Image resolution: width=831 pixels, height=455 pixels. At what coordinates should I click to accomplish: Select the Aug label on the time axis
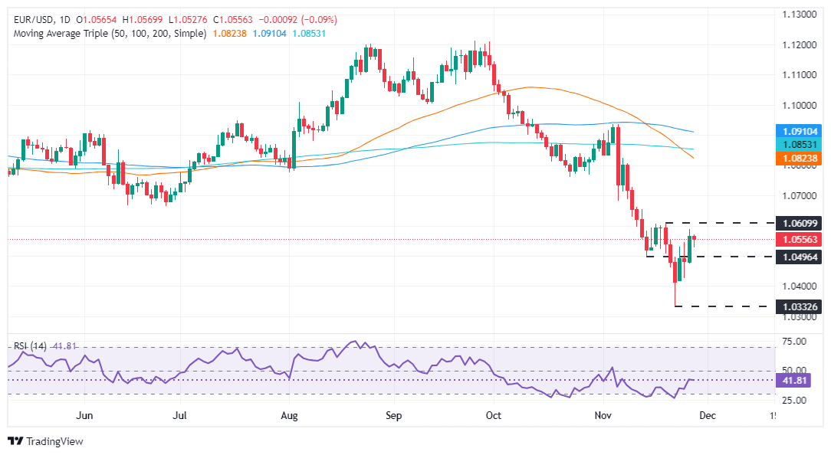[x=290, y=415]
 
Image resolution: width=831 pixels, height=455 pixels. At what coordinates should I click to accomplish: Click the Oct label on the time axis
[x=494, y=415]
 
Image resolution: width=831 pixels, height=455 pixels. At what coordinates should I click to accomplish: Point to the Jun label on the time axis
[x=85, y=415]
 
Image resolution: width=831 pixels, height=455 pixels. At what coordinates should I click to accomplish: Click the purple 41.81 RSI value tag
[x=797, y=380]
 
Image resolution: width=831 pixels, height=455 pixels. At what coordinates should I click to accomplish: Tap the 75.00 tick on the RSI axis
[x=797, y=341]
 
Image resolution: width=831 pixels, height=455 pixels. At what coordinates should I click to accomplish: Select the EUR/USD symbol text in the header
[x=29, y=19]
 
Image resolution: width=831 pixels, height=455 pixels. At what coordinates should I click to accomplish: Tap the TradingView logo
[x=45, y=441]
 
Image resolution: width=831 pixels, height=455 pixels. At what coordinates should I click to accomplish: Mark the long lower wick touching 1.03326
[x=675, y=296]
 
